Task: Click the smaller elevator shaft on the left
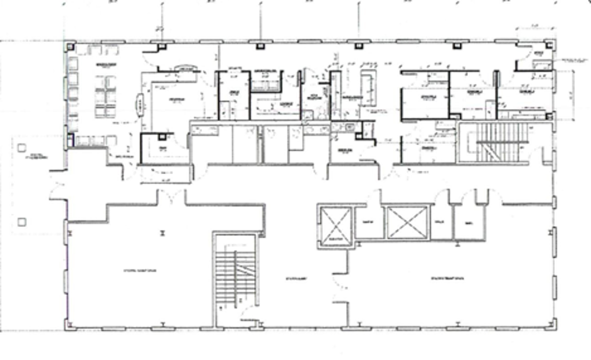click(x=334, y=226)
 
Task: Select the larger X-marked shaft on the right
click(x=408, y=223)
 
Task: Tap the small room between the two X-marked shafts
click(x=368, y=223)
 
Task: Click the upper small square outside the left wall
click(x=22, y=148)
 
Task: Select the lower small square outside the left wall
click(x=22, y=222)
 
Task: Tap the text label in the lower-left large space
click(x=139, y=270)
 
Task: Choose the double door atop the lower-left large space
click(x=171, y=197)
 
